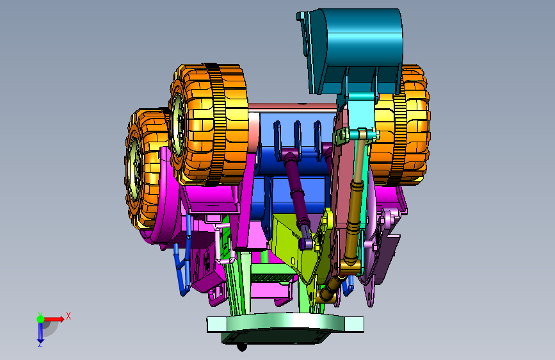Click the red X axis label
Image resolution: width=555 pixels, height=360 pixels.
(x=68, y=316)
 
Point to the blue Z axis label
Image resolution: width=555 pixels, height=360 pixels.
(x=40, y=344)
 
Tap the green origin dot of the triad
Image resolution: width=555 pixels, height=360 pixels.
(x=40, y=319)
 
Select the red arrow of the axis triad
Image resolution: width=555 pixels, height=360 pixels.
(x=54, y=319)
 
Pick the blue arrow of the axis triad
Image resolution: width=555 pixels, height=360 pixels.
(x=40, y=332)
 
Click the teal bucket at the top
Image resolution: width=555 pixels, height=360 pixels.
(x=350, y=51)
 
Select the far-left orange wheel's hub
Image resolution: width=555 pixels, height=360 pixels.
(x=134, y=168)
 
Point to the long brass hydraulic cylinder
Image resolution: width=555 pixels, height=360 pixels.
(x=355, y=199)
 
